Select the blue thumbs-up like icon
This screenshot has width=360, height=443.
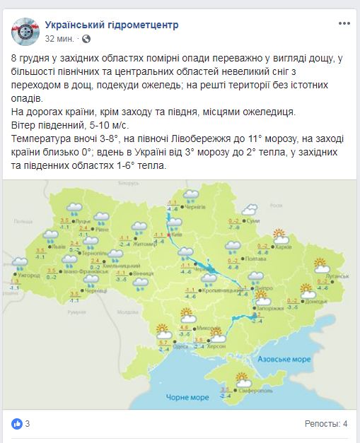[17, 424]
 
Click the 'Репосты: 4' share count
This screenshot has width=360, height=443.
[326, 424]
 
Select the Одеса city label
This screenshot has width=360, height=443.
[180, 346]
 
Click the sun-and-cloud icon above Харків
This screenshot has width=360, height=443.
[279, 235]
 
